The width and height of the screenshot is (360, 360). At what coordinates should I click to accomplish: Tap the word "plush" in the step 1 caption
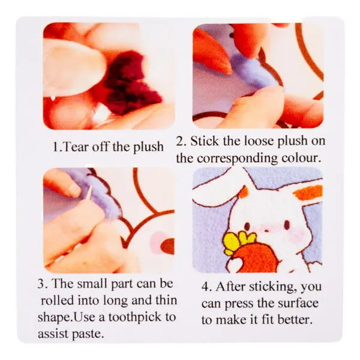(148, 147)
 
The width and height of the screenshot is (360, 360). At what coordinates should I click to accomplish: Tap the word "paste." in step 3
(88, 334)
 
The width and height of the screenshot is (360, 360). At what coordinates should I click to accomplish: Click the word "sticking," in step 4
(271, 287)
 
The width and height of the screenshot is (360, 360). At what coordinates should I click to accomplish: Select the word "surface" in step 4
(298, 303)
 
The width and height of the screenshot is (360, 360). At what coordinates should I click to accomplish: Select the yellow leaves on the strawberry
(239, 242)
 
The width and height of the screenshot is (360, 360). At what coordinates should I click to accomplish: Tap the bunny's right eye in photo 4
(287, 224)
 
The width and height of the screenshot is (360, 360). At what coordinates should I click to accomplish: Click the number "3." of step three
(41, 284)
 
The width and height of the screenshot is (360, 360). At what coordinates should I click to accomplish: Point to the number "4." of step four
(208, 287)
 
